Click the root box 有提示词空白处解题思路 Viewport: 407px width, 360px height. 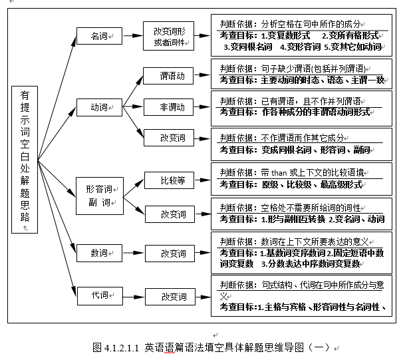tap(25, 159)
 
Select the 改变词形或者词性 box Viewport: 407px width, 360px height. tap(169, 37)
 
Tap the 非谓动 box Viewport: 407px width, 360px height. tap(172, 106)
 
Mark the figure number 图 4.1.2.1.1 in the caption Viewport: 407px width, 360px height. tap(118, 347)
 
